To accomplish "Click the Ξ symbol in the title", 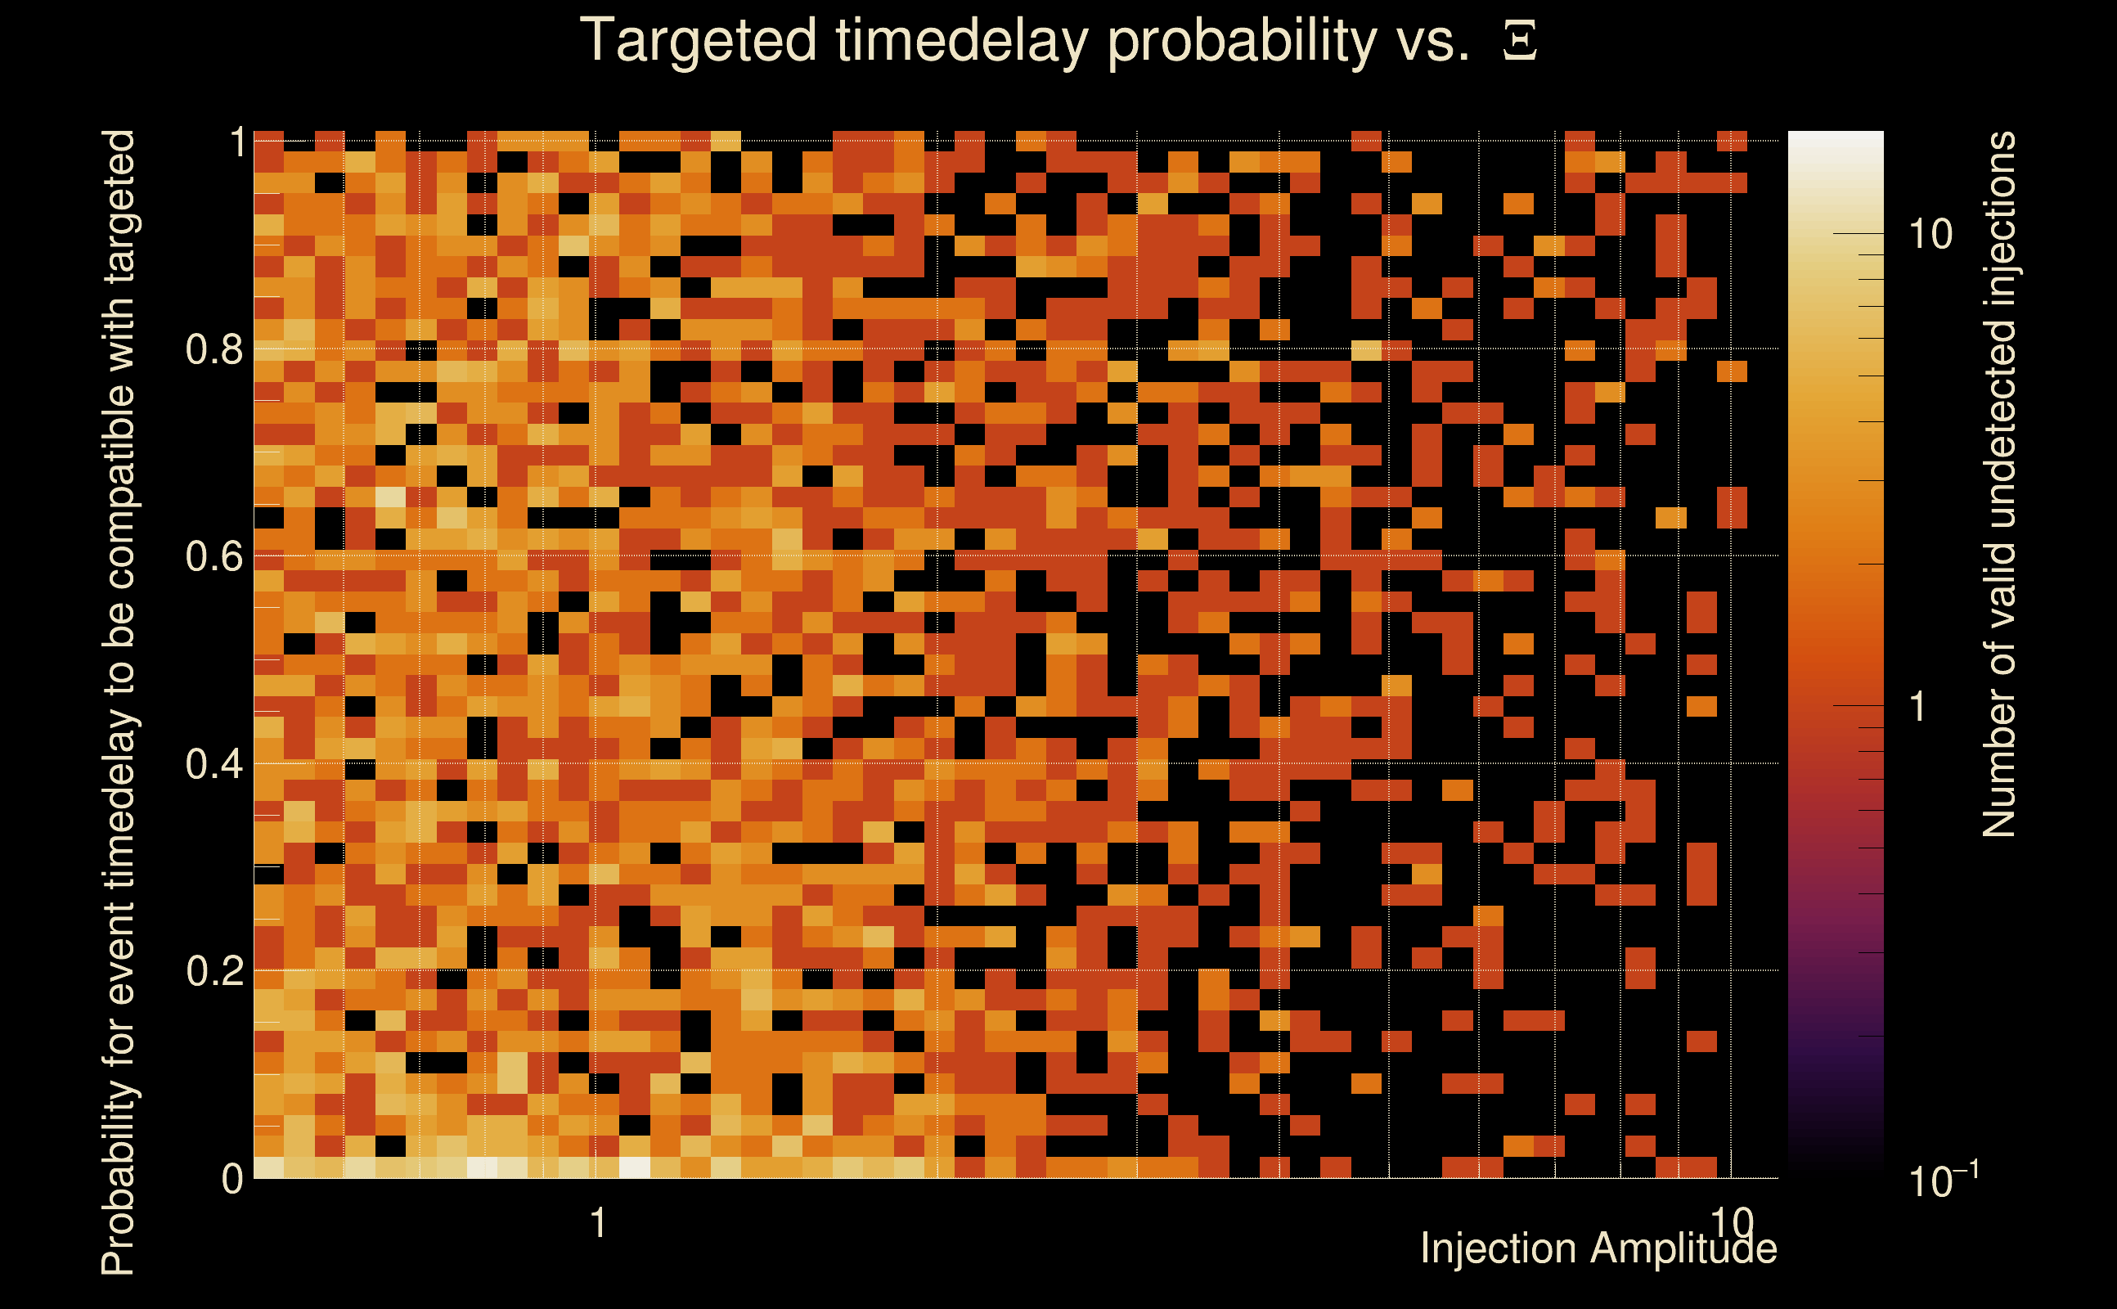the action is pos(1520,41).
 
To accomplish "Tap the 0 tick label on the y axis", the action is pos(233,1178).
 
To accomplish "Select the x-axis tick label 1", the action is pos(597,1223).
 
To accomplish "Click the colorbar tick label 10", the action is pos(1931,234).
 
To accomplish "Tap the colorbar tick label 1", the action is pos(1919,706).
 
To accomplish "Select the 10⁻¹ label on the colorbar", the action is pos(1944,1178).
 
